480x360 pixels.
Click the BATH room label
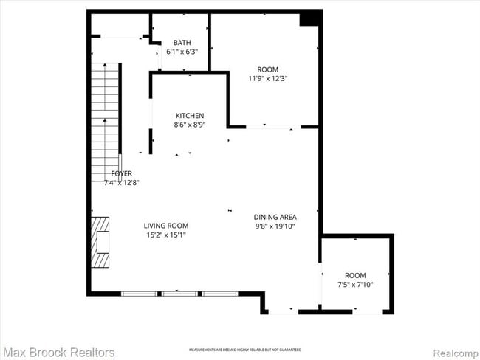(181, 42)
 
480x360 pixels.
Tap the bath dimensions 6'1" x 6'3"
(181, 52)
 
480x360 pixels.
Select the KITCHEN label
(190, 115)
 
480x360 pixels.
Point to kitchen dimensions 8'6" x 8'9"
(190, 125)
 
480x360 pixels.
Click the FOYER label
(122, 173)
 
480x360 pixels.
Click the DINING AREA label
(275, 217)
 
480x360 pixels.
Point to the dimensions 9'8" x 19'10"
(275, 226)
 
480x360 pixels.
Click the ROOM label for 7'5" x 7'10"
(355, 275)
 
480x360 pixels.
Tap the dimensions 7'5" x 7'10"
(355, 285)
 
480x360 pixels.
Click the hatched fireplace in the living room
(100, 241)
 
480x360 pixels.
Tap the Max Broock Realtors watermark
(58, 352)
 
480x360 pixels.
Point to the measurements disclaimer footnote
(244, 349)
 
